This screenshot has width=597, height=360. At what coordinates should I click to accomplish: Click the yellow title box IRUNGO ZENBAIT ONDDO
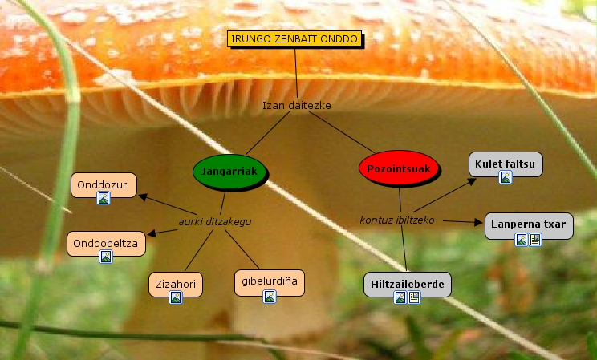(294, 39)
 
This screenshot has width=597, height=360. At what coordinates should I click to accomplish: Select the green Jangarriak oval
(229, 172)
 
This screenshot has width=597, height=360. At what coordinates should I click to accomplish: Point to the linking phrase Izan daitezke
(297, 105)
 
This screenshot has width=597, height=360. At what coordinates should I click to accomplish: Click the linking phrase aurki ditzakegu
(209, 221)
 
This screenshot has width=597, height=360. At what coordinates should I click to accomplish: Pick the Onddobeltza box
(105, 242)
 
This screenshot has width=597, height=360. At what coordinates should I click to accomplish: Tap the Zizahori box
(176, 284)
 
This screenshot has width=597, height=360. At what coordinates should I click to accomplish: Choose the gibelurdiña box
(270, 282)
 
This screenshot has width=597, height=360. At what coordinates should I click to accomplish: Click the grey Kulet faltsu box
(505, 164)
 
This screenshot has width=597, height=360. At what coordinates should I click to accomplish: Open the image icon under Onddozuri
(103, 198)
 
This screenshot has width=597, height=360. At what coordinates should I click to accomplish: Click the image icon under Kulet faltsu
(506, 177)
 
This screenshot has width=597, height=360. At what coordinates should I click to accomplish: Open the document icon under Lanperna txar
(536, 240)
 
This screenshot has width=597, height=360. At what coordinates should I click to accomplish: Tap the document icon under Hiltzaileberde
(414, 298)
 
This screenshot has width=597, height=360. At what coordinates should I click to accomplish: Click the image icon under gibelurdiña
(270, 297)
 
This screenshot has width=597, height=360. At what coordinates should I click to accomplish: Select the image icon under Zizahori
(176, 297)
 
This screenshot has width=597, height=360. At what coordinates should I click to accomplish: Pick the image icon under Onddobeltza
(105, 257)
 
